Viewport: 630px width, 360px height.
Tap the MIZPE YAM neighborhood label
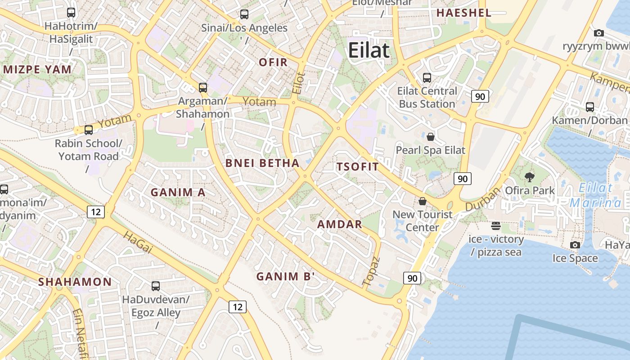point(37,69)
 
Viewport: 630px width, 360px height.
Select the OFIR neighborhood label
point(273,63)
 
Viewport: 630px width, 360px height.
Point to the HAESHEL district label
point(463,13)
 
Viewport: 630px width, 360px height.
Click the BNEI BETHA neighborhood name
point(262,163)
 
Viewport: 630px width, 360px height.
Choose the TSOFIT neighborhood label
point(358,166)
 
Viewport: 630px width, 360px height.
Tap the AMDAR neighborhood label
point(340,224)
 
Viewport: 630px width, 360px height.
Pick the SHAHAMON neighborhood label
point(75,282)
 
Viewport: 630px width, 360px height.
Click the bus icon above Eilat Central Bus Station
point(427,78)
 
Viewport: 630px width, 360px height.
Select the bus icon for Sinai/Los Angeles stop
point(244,14)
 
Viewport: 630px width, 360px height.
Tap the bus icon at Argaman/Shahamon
point(203,88)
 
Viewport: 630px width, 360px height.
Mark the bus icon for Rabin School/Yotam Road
point(89,130)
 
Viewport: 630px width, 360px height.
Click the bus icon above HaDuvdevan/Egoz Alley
point(156,286)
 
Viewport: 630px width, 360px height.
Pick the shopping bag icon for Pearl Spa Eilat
point(431,137)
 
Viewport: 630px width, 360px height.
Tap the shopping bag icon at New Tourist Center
point(422,201)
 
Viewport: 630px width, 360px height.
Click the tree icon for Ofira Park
point(530,177)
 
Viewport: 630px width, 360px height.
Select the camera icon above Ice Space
point(575,245)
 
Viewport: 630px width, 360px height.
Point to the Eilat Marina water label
point(595,195)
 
